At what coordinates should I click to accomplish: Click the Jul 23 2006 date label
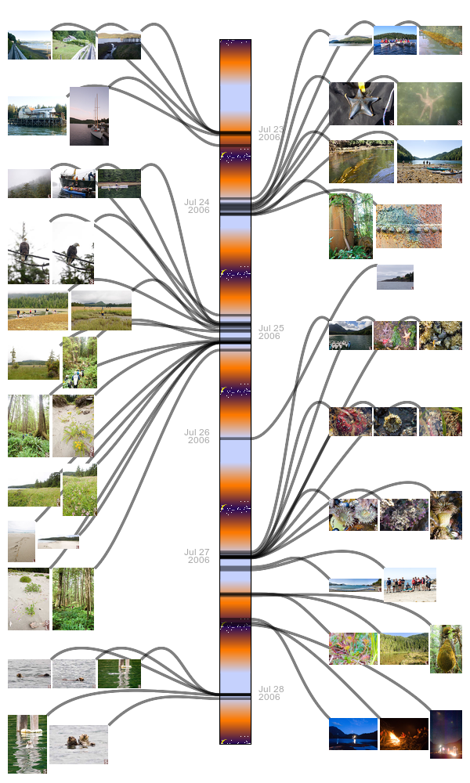[270, 133]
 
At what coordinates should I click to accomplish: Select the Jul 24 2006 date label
[197, 206]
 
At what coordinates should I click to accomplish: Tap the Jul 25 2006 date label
[270, 332]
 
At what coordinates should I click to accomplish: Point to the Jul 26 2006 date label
[197, 436]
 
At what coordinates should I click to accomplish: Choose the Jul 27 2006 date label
[197, 556]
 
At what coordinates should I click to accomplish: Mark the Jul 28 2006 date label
[270, 693]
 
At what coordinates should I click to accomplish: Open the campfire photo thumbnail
[404, 734]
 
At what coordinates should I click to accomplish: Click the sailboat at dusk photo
[89, 116]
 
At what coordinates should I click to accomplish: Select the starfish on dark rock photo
[361, 104]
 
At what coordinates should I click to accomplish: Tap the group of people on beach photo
[410, 584]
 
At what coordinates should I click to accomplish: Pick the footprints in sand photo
[21, 541]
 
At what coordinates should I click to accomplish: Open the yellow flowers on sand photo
[73, 426]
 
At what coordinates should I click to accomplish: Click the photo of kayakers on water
[395, 40]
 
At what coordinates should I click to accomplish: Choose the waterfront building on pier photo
[37, 116]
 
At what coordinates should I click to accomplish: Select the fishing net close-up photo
[409, 226]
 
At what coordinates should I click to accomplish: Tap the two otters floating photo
[78, 744]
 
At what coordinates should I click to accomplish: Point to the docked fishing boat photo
[74, 183]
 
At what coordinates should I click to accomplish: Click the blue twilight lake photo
[352, 734]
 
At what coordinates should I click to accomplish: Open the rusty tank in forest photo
[350, 226]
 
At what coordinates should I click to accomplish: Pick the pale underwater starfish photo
[429, 104]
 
